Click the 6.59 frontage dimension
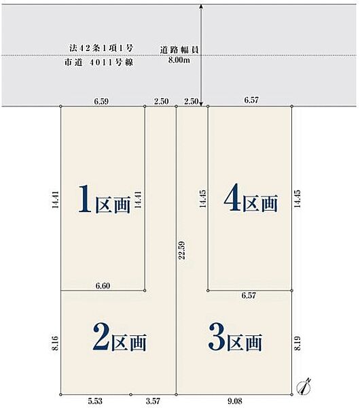click(x=101, y=101)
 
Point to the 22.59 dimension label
click(x=181, y=250)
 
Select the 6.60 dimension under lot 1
click(x=103, y=286)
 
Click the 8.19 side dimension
click(x=298, y=343)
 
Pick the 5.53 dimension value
click(x=95, y=401)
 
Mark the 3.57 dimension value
click(x=153, y=401)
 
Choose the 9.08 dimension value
click(x=235, y=401)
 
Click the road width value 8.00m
click(x=179, y=61)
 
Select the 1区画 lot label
click(x=104, y=199)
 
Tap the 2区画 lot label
click(x=120, y=337)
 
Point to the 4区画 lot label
click(x=251, y=197)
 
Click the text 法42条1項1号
click(x=101, y=48)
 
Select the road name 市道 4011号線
click(x=99, y=63)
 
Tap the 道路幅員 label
click(x=179, y=50)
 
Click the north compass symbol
click(x=304, y=386)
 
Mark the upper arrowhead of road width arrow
click(x=201, y=6)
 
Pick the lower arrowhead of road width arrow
click(x=201, y=104)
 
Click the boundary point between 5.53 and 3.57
click(x=130, y=394)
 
